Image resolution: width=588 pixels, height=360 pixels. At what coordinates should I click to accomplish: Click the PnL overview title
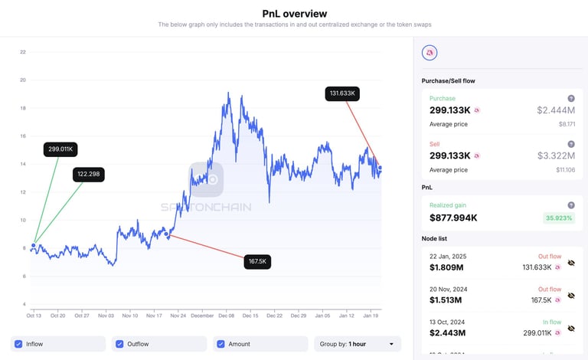(x=294, y=13)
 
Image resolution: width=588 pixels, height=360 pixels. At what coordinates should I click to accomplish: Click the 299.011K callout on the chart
(x=60, y=149)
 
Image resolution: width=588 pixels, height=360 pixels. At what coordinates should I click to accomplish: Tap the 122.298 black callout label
(x=89, y=175)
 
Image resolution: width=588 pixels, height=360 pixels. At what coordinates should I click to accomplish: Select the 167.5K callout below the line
(x=257, y=262)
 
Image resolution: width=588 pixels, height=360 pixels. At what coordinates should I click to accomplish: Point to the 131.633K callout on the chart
(x=344, y=93)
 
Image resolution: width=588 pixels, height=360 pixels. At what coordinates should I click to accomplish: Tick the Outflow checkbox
(x=119, y=344)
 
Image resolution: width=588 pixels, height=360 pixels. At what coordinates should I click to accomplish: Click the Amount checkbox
(x=220, y=344)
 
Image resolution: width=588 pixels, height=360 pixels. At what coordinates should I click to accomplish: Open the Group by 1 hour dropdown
(x=358, y=344)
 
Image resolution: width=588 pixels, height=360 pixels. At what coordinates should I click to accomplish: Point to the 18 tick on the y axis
(x=23, y=108)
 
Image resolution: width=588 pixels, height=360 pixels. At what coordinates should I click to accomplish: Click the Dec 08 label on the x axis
(x=227, y=316)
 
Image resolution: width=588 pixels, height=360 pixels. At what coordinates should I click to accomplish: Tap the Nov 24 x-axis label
(x=178, y=316)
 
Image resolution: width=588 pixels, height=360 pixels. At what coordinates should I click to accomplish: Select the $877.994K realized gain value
(x=453, y=218)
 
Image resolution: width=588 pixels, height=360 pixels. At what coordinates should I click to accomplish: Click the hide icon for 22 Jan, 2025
(x=571, y=263)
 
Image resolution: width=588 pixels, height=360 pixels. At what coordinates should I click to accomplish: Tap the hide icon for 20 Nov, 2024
(x=571, y=295)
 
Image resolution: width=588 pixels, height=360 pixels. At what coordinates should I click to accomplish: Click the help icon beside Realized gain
(x=571, y=205)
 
